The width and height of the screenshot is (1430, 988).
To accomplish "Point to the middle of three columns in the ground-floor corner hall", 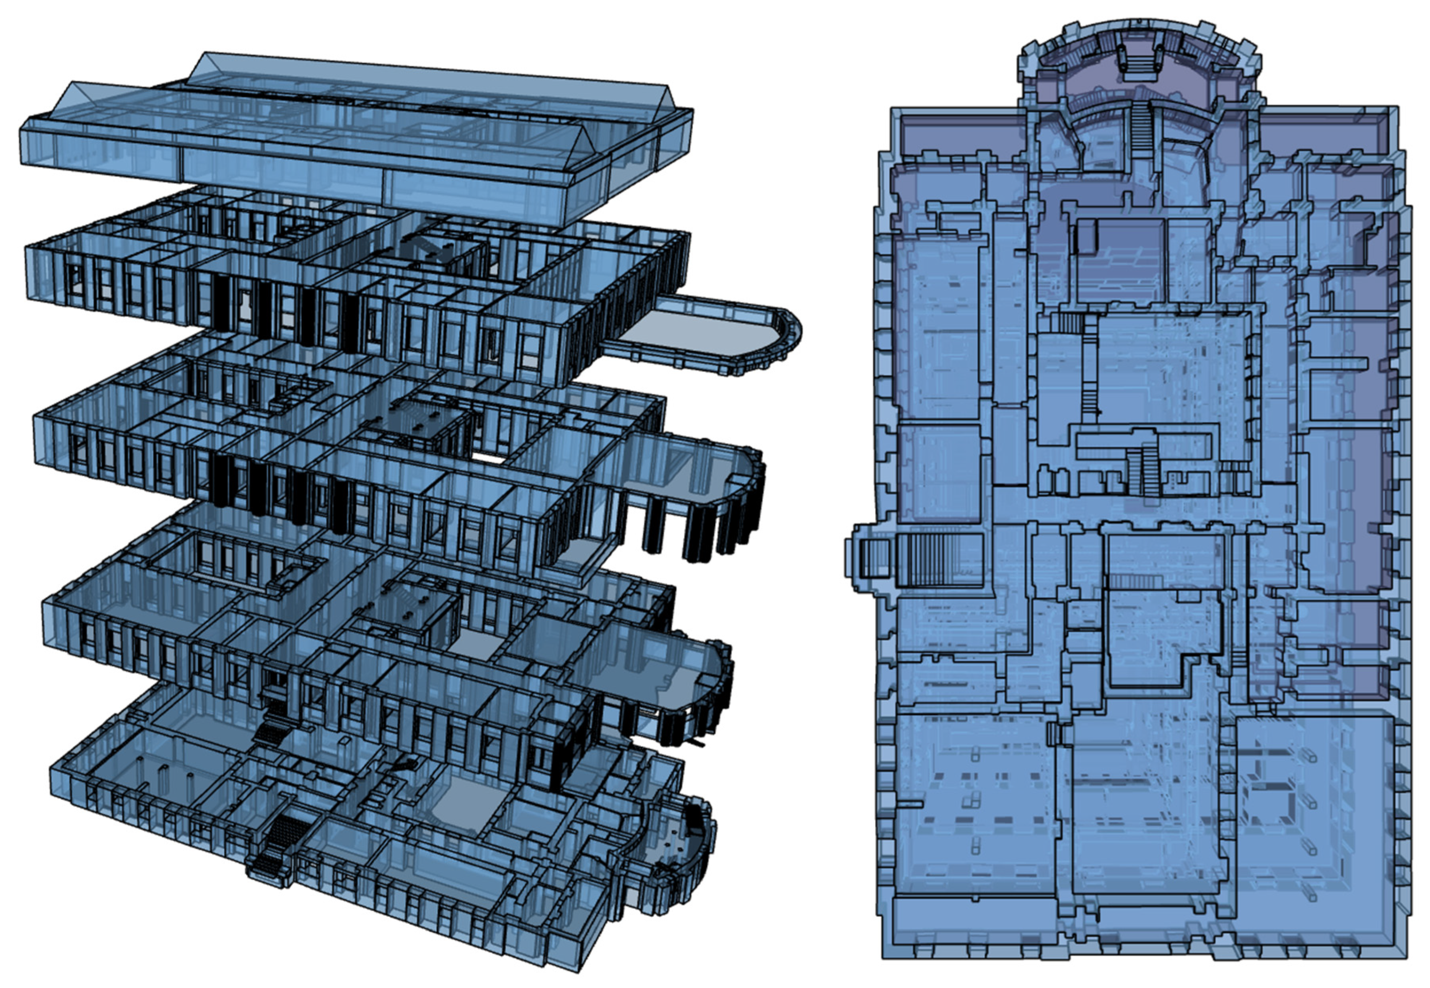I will tap(164, 774).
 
